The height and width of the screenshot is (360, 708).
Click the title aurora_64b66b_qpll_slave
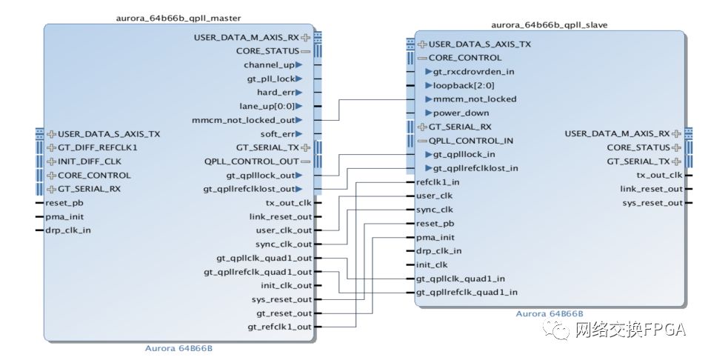coord(550,24)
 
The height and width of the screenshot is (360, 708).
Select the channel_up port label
coord(269,64)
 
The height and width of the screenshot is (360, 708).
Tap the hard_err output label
coord(275,93)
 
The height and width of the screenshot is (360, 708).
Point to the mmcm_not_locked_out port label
coord(243,120)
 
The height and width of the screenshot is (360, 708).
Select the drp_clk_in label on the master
coord(68,230)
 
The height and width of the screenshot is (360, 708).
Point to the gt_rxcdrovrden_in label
coord(473,72)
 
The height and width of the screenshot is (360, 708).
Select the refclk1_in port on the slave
coord(438,181)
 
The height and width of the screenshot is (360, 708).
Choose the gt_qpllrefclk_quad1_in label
coord(467,292)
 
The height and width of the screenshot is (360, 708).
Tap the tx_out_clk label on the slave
coord(659,175)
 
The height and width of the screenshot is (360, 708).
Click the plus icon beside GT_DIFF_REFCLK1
coord(51,147)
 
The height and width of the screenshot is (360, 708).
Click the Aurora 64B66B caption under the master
coord(180,347)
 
